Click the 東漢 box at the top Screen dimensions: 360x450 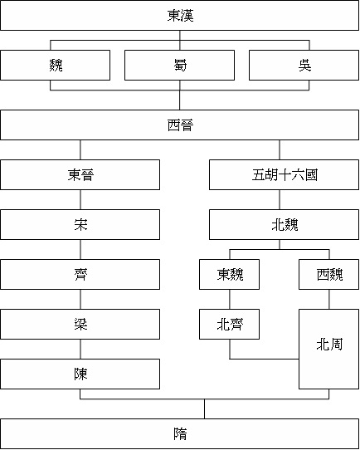click(179, 15)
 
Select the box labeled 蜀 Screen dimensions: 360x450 click(179, 65)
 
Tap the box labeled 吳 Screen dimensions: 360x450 click(304, 65)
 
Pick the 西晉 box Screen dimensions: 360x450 click(179, 125)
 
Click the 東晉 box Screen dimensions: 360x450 click(80, 175)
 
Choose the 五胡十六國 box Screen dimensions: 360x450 click(284, 175)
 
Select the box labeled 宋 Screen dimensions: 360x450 click(80, 224)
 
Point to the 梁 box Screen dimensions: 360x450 click(80, 324)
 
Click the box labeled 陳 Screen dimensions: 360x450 click(80, 374)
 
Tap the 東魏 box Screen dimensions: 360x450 click(229, 274)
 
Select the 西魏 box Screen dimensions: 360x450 click(328, 274)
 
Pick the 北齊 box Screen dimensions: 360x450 click(229, 324)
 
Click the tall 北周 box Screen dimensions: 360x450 click(328, 349)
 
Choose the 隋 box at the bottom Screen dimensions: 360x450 click(179, 433)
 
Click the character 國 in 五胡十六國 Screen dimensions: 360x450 click(311, 175)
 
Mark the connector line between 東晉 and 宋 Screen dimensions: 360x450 click(80, 199)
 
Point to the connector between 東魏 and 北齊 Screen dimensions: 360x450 click(230, 299)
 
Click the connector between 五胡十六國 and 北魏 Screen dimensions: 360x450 click(280, 199)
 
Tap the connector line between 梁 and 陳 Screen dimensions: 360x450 click(80, 349)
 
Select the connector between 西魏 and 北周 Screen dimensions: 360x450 click(329, 299)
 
